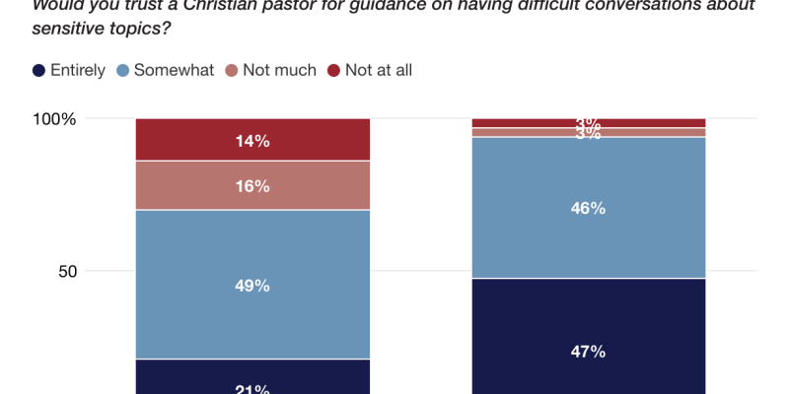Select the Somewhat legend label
point(174,70)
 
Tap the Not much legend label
point(281,70)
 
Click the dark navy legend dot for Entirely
point(38,70)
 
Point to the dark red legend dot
point(334,70)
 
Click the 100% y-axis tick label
point(55,119)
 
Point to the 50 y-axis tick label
point(66,271)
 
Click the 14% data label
point(252,141)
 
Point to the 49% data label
point(252,286)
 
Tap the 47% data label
point(588,352)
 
